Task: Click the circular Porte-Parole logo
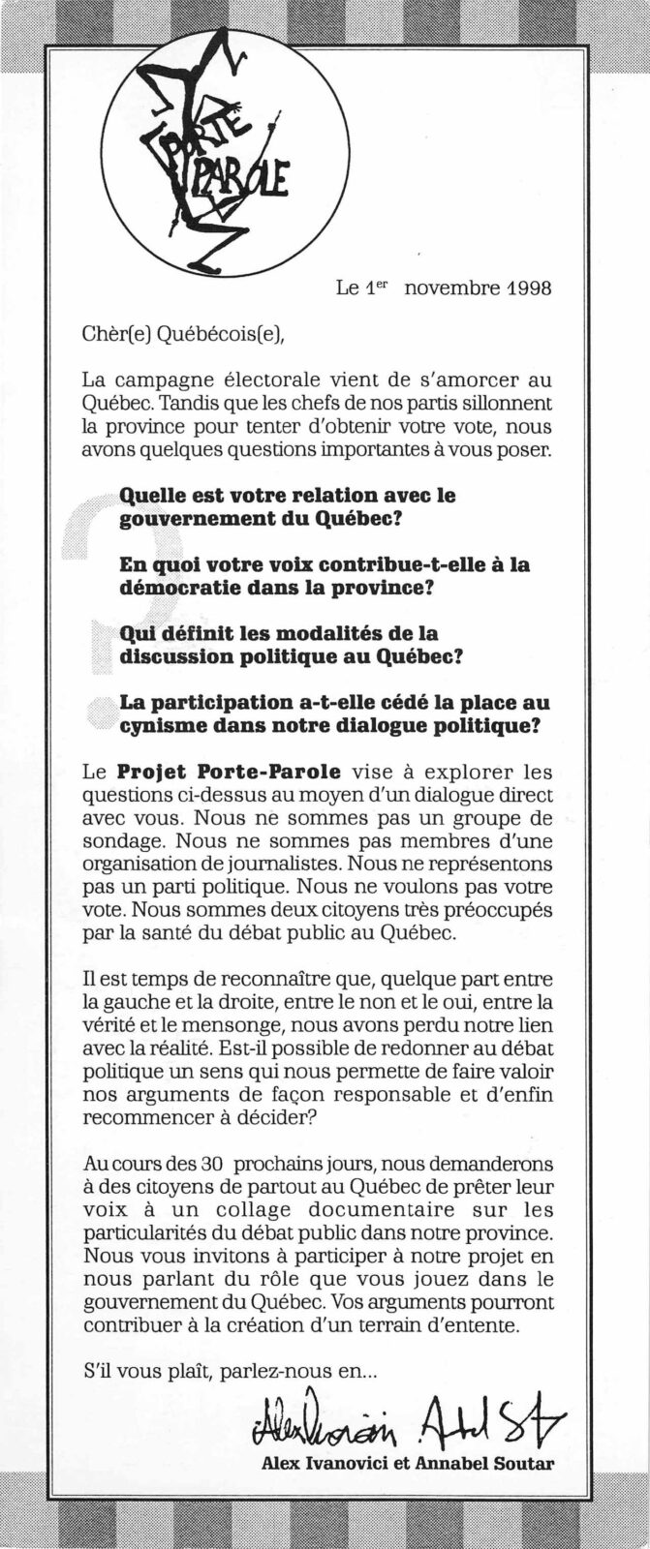point(225,152)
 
